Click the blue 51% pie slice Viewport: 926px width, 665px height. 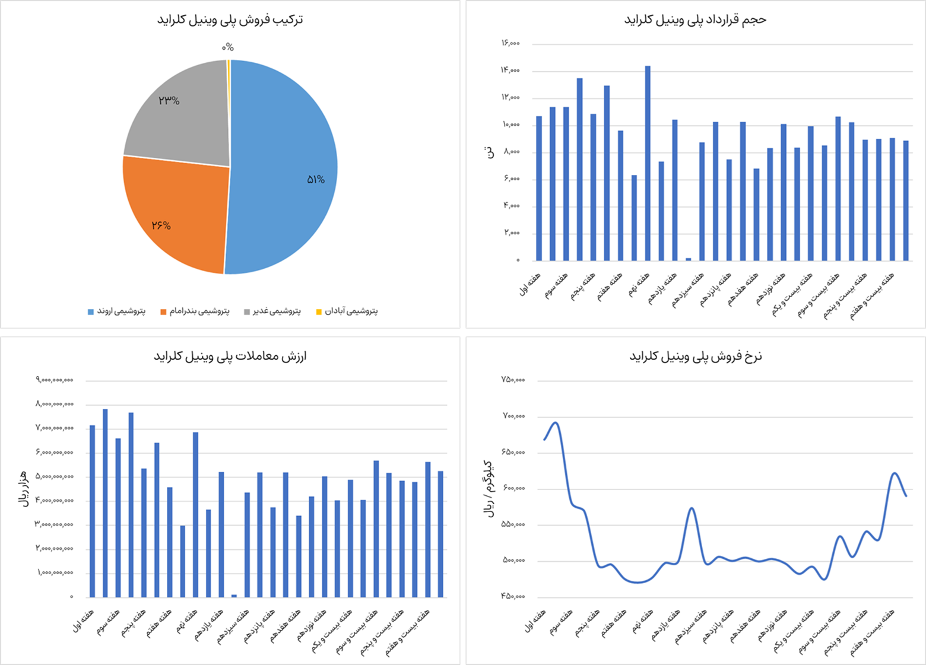click(285, 172)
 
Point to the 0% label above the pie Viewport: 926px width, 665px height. click(228, 47)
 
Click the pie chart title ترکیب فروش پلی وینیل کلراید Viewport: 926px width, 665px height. click(230, 20)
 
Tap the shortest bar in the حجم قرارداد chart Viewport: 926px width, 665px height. click(689, 259)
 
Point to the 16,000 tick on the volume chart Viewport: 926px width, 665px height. click(510, 43)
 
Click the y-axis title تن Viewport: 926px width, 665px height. click(490, 152)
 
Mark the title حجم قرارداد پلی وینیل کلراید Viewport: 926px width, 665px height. click(695, 20)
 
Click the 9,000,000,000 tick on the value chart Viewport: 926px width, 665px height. click(55, 380)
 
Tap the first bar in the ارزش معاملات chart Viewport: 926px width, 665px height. click(92, 511)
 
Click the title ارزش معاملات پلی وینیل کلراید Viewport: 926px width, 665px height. click(230, 356)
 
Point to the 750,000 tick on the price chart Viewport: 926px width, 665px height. click(513, 380)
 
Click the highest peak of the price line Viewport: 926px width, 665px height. click(556, 422)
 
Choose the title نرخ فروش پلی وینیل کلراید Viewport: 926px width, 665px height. click(696, 356)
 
